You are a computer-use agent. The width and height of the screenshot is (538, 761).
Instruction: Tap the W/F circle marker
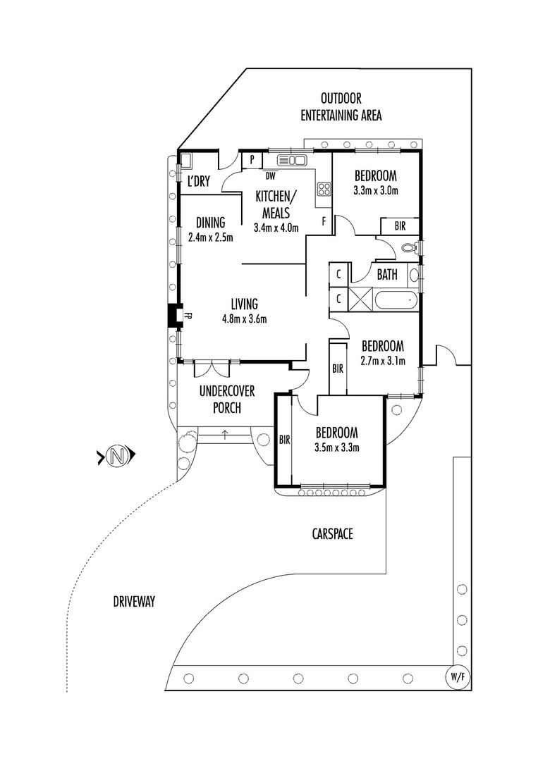click(456, 677)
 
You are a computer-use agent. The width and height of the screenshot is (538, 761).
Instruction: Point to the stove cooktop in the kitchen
click(324, 189)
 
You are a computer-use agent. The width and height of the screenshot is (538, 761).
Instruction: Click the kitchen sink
click(292, 160)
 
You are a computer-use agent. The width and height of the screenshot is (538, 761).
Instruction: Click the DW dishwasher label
click(271, 174)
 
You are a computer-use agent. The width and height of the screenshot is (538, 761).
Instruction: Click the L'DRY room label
click(198, 182)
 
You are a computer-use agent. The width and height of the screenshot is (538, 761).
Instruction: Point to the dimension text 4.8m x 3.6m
click(243, 318)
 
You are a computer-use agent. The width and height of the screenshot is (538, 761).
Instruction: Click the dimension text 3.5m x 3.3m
click(337, 447)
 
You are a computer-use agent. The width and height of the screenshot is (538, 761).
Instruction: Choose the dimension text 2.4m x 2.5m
click(210, 237)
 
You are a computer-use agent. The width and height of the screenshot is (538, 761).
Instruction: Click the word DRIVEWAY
click(133, 601)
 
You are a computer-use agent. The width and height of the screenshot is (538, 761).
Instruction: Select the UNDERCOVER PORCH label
click(226, 399)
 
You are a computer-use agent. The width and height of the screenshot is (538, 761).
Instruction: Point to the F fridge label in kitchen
click(324, 221)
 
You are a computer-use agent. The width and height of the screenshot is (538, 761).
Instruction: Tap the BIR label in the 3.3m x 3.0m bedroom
click(399, 226)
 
